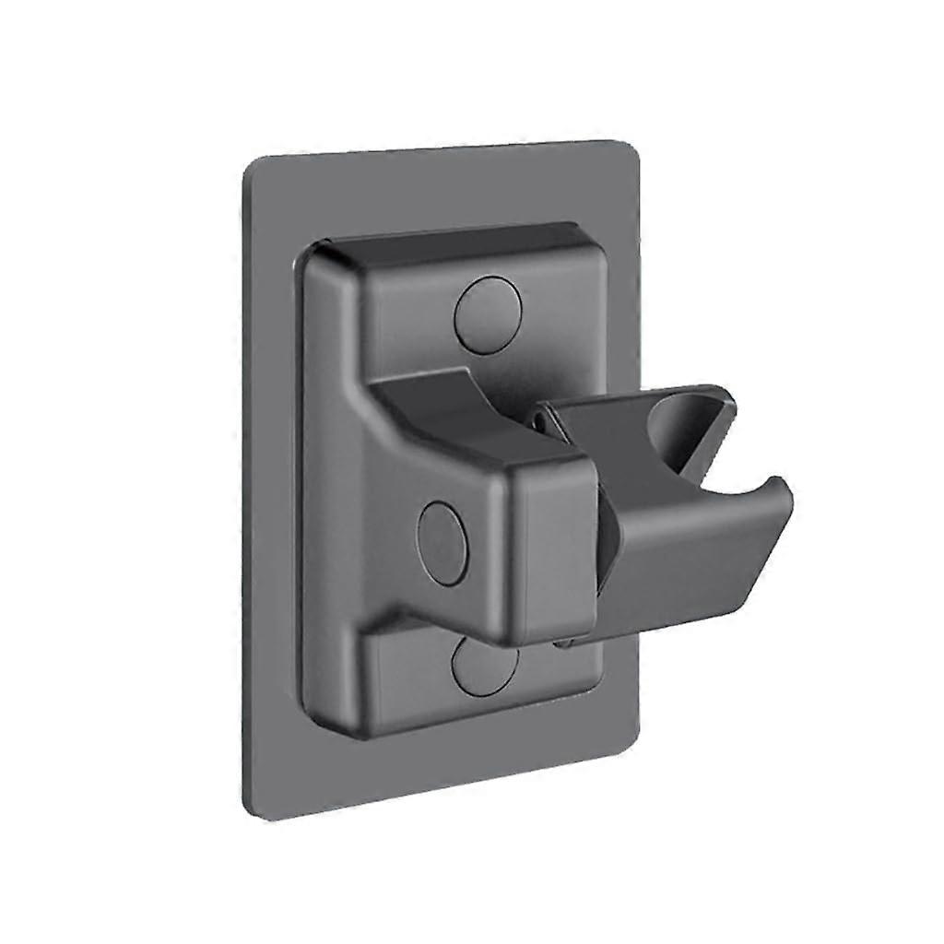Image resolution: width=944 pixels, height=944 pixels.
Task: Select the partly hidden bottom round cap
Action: [x=487, y=666]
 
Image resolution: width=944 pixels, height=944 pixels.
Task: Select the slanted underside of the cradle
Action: [x=701, y=572]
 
